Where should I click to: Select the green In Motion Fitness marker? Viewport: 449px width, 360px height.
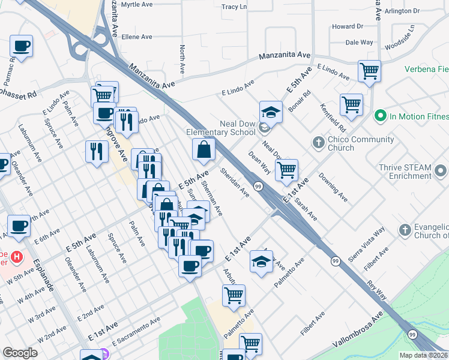(379, 115)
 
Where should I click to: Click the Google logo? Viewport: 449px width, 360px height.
(20, 353)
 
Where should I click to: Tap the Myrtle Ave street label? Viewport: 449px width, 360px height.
(137, 4)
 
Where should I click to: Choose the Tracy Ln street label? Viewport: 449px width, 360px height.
(234, 7)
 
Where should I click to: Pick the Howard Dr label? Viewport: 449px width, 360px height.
(348, 26)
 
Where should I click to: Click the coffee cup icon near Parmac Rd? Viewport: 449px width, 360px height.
(21, 46)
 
